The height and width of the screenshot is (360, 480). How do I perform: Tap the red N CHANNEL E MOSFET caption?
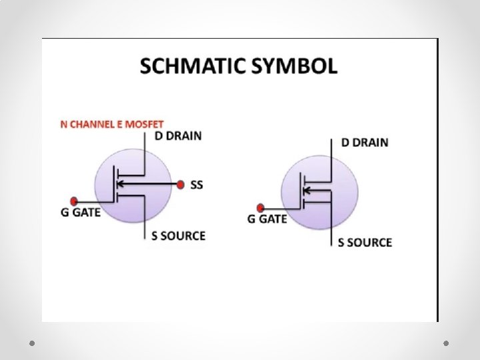click(x=112, y=125)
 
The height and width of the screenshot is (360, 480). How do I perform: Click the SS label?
click(x=197, y=185)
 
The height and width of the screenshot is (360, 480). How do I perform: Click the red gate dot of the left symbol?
click(x=75, y=200)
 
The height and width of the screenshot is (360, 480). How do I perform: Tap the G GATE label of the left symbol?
click(x=81, y=213)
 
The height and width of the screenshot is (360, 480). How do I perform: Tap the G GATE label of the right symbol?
click(x=268, y=219)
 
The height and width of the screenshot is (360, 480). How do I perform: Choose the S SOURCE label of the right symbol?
click(x=365, y=242)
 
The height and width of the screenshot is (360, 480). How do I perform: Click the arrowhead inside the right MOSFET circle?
click(x=307, y=191)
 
